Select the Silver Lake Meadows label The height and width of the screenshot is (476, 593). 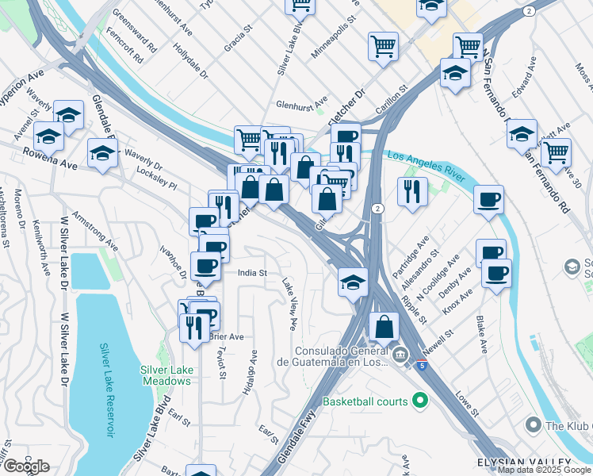click(x=166, y=375)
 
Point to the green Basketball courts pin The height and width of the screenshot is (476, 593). click(x=419, y=401)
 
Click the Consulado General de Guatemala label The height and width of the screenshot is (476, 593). click(x=342, y=356)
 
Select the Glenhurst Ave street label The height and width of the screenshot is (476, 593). click(x=301, y=103)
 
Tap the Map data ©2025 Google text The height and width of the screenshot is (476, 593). click(x=545, y=470)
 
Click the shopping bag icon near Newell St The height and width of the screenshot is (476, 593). click(x=384, y=326)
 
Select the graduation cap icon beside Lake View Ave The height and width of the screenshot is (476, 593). click(x=353, y=282)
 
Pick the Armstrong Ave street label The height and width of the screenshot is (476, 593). click(x=95, y=229)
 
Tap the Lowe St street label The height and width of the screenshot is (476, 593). click(x=468, y=403)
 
